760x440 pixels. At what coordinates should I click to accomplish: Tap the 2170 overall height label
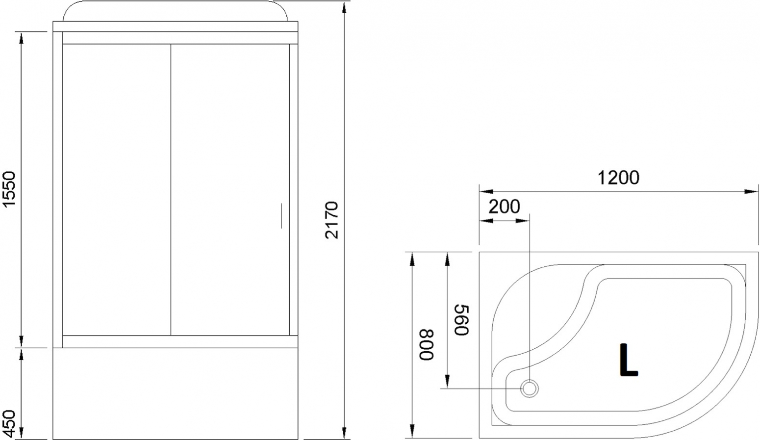tap(331, 220)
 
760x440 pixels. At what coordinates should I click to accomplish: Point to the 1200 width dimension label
tap(618, 178)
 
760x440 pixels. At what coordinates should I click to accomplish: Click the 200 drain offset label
tap(504, 207)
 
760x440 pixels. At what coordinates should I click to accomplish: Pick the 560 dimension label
tap(461, 320)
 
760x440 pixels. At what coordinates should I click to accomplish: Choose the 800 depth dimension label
tap(427, 344)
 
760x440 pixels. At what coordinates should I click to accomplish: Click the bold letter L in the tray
tap(629, 360)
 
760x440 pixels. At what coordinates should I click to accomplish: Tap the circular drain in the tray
tap(529, 388)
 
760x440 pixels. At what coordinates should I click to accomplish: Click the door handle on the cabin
tap(281, 216)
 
